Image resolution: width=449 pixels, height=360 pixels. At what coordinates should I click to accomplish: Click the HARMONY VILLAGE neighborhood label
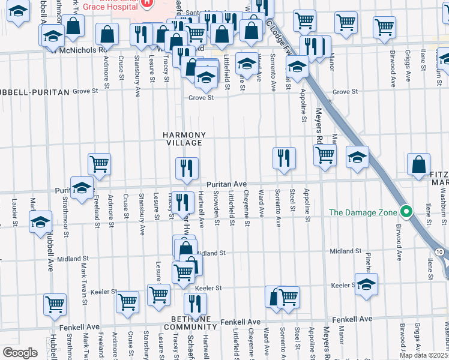pos(184,139)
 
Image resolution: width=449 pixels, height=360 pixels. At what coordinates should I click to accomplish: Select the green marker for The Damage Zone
pos(406,212)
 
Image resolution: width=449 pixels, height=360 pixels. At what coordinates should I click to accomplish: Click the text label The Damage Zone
pos(363,212)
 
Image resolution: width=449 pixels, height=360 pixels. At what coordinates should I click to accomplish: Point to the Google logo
pos(20,352)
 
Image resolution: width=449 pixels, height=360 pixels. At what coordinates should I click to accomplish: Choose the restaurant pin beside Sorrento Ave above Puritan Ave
pos(284,158)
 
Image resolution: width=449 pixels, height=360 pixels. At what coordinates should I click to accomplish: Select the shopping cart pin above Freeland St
pos(99,163)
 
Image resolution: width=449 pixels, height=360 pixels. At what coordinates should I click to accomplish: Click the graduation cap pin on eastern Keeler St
pos(366,284)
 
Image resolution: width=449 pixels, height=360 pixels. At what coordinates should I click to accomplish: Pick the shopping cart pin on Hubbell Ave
pos(55,304)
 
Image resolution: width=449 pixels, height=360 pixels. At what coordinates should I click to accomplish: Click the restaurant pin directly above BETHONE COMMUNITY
pos(194,304)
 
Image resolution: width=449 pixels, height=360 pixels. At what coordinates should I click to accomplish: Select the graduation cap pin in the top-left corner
pos(19,11)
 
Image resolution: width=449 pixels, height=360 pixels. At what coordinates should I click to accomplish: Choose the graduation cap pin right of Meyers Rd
pos(357,158)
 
